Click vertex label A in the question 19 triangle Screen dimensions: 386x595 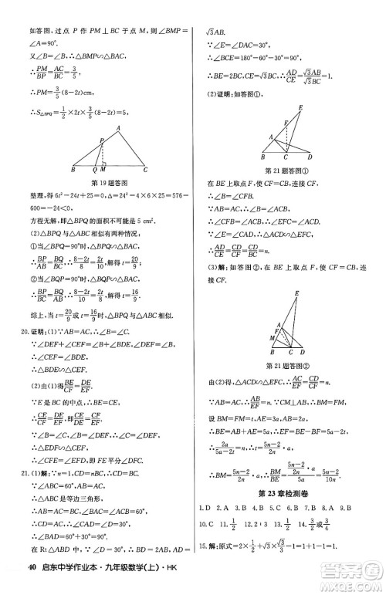pos(119,128)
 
